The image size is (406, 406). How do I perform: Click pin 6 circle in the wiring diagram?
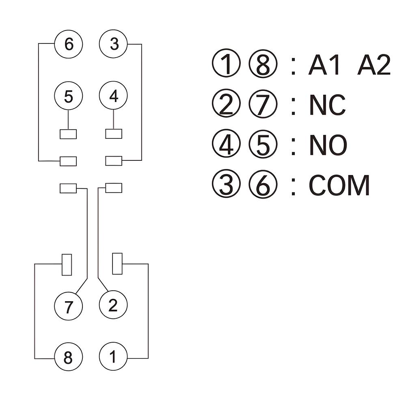(x=68, y=44)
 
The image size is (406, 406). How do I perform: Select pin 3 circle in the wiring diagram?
(x=113, y=44)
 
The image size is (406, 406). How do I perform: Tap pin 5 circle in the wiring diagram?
(x=68, y=96)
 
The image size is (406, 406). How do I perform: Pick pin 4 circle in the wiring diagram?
(x=113, y=95)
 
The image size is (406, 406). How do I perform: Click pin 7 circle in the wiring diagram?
(x=68, y=306)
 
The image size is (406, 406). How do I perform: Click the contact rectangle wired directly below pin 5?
(x=68, y=134)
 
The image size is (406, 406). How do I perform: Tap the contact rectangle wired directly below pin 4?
(x=114, y=134)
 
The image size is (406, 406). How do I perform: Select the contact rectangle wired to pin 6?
(x=68, y=161)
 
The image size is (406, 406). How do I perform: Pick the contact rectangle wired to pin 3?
(x=114, y=161)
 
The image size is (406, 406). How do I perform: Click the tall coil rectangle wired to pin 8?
(x=67, y=265)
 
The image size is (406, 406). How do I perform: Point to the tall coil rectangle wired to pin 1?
(x=117, y=263)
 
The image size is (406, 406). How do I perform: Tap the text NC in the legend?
(x=327, y=105)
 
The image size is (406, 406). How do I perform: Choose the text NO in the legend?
(x=328, y=145)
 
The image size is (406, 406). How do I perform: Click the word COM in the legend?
(x=339, y=186)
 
